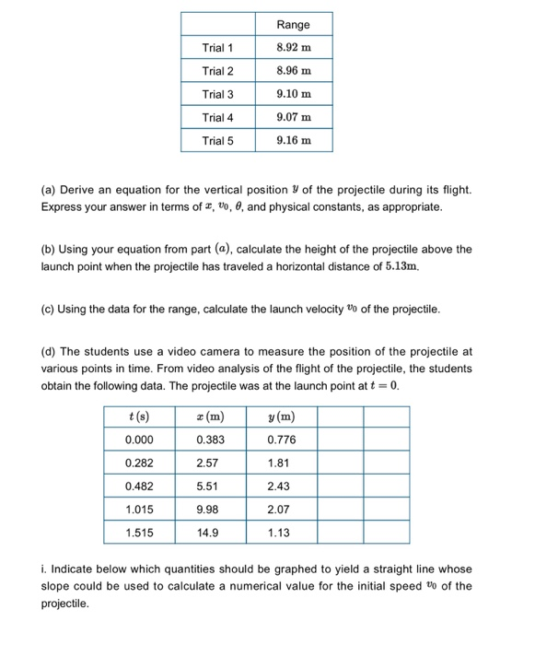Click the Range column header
point(294,25)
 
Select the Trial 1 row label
point(218,48)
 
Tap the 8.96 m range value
point(294,71)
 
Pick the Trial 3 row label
point(218,94)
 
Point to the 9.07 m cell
point(294,117)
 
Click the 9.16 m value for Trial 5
point(294,140)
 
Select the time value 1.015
point(140,509)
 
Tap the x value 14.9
point(210,533)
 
